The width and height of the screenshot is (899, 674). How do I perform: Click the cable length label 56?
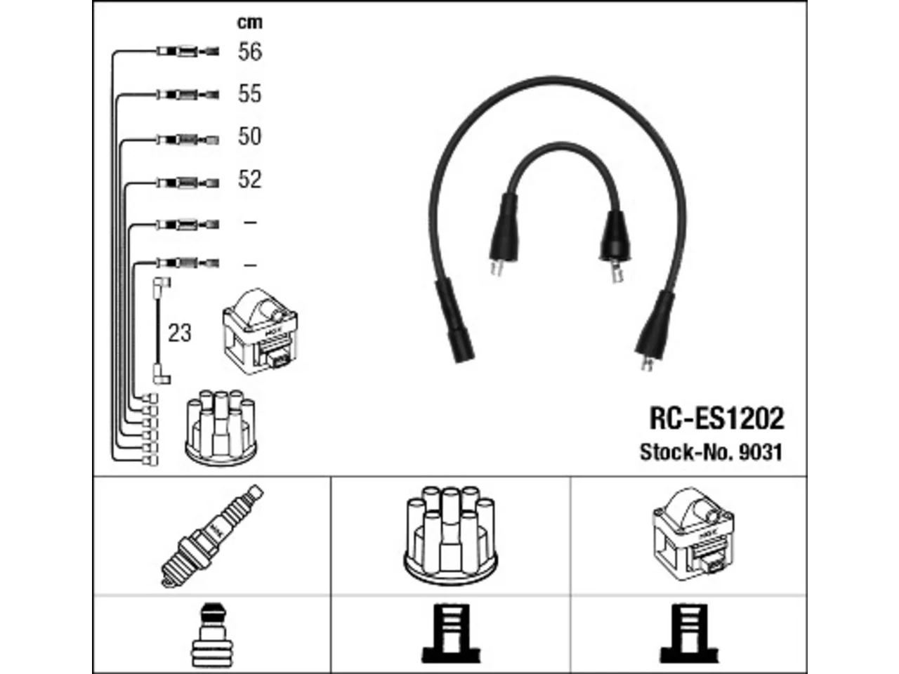[250, 52]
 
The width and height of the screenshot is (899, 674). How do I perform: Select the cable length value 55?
[249, 93]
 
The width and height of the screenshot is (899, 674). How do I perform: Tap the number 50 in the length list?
[249, 136]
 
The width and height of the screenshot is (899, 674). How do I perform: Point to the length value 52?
[249, 179]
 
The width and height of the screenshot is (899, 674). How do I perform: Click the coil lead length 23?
[179, 333]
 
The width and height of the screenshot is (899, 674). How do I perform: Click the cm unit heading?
[250, 22]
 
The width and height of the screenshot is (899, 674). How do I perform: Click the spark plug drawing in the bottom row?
[212, 536]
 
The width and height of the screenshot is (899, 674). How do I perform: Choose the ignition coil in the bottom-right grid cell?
[693, 534]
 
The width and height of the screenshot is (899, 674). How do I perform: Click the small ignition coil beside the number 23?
[260, 331]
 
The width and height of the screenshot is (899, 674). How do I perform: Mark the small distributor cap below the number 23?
[221, 428]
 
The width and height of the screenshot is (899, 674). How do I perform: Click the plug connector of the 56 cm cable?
[188, 51]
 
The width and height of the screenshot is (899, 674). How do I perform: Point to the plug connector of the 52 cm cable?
[188, 183]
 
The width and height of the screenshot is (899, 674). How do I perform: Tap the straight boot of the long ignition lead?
[454, 320]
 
